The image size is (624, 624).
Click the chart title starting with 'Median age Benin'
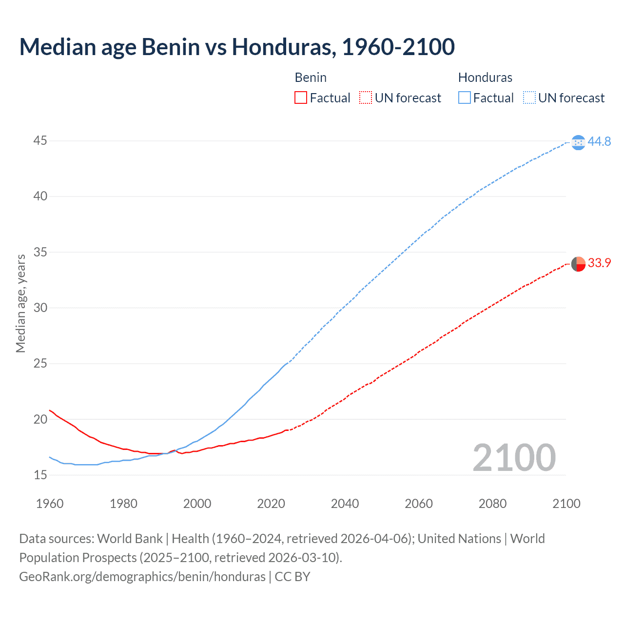pos(237,47)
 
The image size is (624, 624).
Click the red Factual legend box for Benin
pos(301,98)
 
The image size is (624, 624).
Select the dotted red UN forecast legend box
pos(366,98)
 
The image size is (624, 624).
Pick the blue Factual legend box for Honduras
pos(465,98)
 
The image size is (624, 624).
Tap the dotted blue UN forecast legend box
pos(529,98)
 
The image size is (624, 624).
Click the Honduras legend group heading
pos(485,78)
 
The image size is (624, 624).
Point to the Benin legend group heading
pos(311,78)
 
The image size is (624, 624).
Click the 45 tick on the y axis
pos(40,141)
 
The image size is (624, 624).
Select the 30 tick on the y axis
pos(40,308)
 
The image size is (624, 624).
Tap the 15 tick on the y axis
pos(40,475)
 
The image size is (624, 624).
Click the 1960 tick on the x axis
pos(50,504)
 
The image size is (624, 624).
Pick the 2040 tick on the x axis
pos(345,504)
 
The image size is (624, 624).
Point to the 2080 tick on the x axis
pos(492,504)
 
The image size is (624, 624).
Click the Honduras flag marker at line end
pos(578,142)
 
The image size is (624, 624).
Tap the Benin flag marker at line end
pos(578,264)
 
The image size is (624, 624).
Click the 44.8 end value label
pos(599,142)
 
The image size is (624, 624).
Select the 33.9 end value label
pos(599,263)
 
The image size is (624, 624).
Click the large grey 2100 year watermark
pos(514,457)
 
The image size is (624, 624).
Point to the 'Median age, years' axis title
pos(20,303)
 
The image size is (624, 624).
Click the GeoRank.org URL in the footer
pos(142,577)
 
